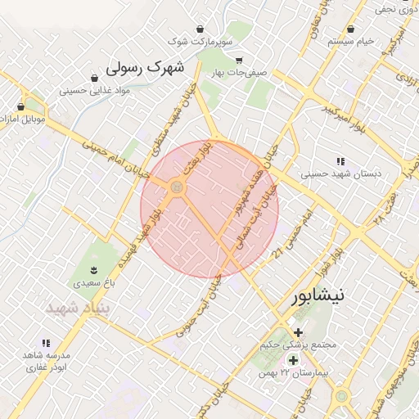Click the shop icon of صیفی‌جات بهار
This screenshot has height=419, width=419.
238,61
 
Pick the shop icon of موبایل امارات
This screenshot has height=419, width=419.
20,106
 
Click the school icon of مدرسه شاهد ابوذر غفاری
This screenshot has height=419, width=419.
46,343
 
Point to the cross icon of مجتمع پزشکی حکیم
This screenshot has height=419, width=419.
298,333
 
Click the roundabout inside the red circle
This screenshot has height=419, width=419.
176,189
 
